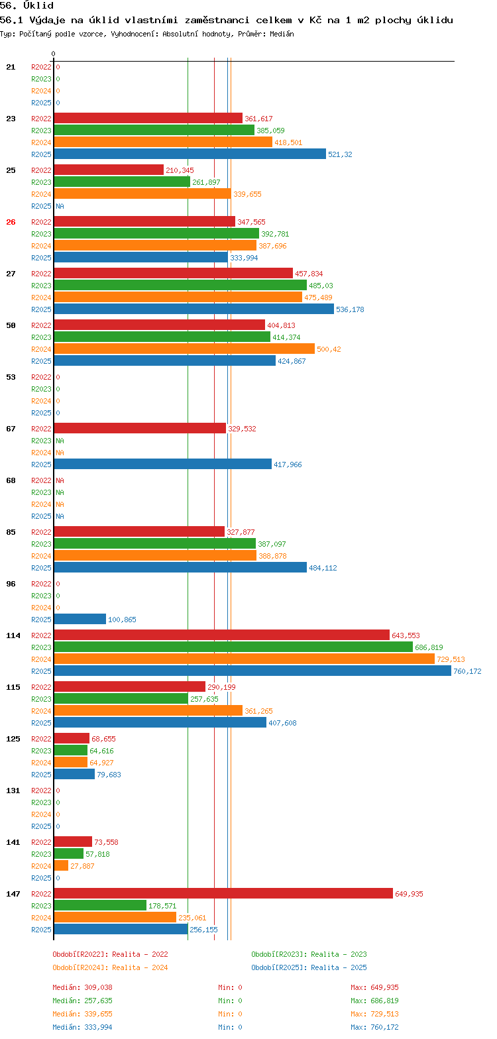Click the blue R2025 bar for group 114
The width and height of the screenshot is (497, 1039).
252,671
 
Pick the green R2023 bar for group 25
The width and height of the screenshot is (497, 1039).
121,182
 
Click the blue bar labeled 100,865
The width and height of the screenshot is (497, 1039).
80,619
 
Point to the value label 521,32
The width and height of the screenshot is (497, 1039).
340,154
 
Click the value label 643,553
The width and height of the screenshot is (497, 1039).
406,635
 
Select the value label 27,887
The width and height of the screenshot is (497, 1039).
82,866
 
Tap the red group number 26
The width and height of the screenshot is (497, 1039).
11,222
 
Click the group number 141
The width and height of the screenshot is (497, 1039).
13,842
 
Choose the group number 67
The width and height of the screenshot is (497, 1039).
11,429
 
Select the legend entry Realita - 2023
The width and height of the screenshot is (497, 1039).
309,954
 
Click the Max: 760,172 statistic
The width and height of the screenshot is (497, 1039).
374,1027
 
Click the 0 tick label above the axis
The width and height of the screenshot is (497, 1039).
54,54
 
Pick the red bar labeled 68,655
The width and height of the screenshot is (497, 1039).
71,738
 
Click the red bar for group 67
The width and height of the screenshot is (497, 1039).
139,428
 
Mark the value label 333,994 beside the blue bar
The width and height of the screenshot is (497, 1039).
244,258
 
